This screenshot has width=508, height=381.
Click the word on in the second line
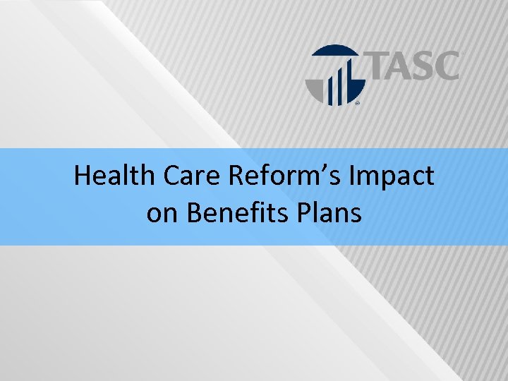pos(162,212)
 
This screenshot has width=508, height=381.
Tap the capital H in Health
pos(83,176)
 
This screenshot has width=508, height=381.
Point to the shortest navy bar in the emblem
pos(329,92)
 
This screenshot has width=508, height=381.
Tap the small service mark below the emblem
pos(357,103)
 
